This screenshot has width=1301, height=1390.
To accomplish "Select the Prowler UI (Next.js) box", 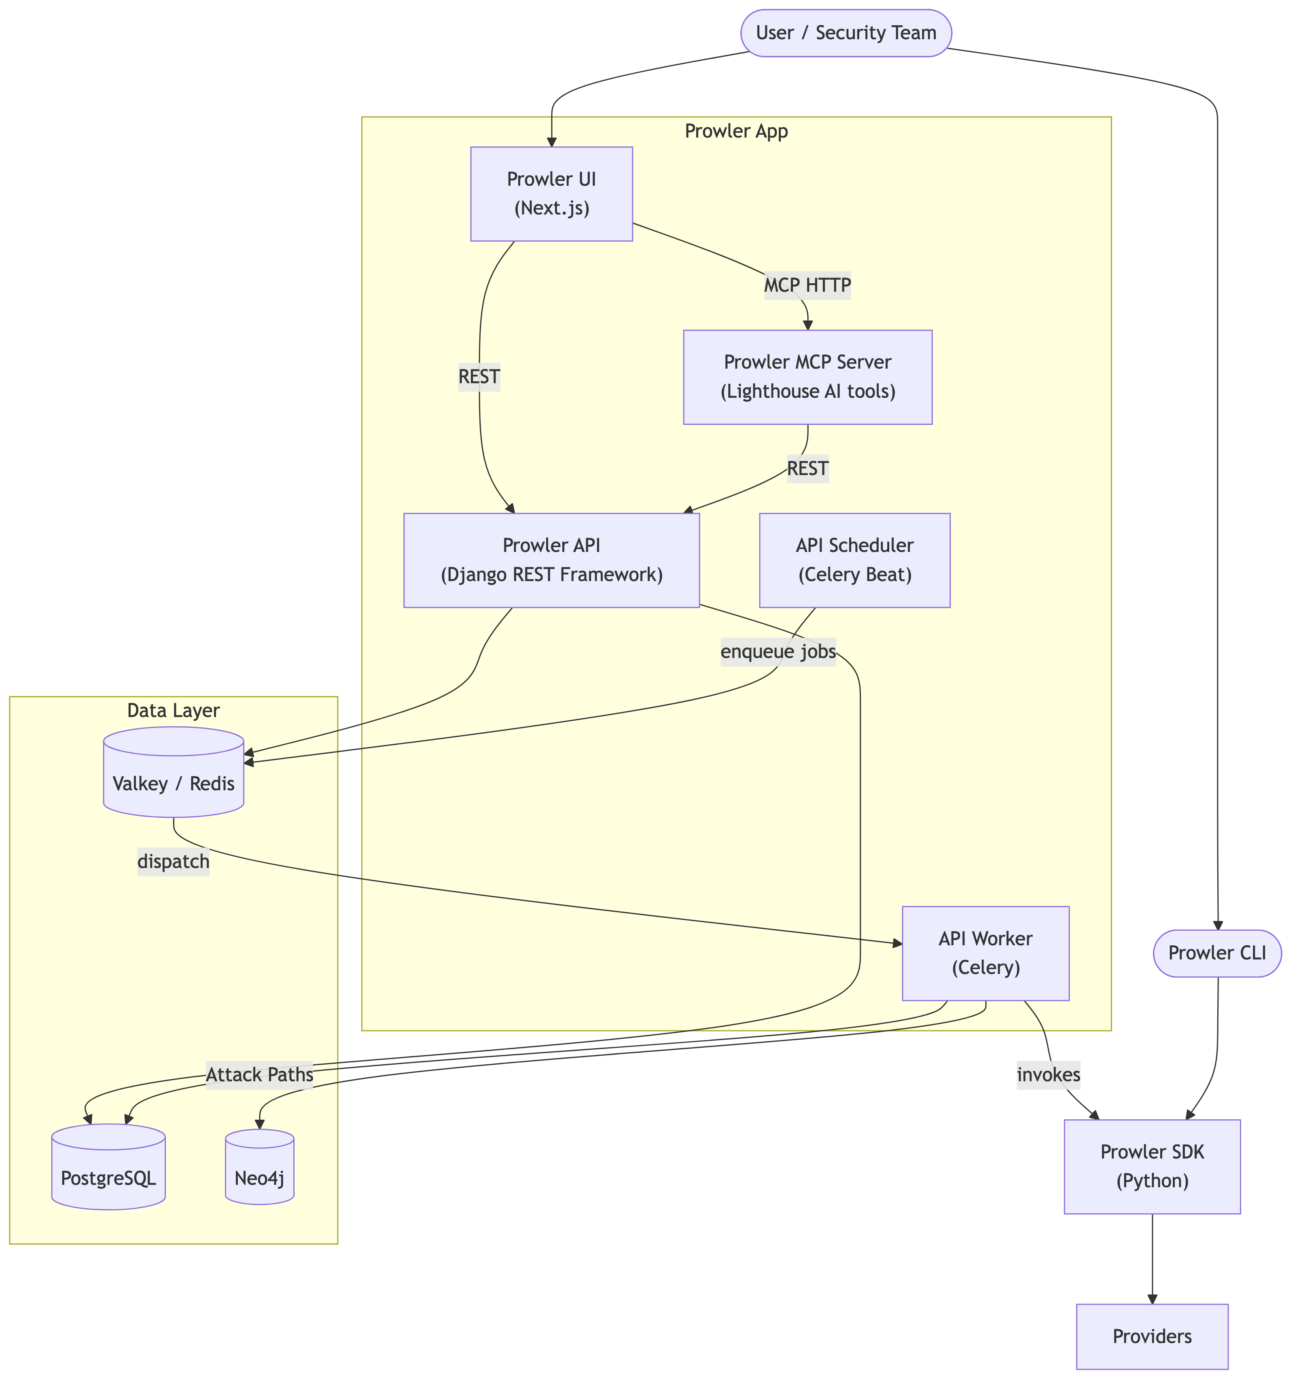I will (x=551, y=194).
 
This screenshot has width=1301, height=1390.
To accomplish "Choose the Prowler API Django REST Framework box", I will (x=551, y=560).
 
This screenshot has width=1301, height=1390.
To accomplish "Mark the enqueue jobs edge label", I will (x=778, y=651).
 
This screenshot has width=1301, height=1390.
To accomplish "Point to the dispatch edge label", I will (x=174, y=862).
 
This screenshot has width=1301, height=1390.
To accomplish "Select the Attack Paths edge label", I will (x=259, y=1075).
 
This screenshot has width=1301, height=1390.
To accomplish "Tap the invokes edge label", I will (x=1048, y=1075).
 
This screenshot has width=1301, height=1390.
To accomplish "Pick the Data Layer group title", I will (x=174, y=711).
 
